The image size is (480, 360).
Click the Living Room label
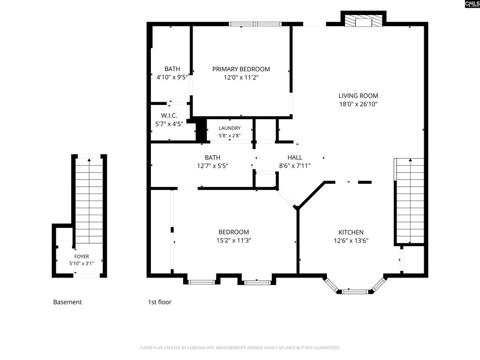[x=358, y=96]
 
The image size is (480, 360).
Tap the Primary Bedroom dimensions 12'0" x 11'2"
[x=241, y=77]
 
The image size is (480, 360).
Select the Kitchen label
[x=351, y=232]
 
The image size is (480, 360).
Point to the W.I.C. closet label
[x=169, y=116]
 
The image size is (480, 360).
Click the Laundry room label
[x=230, y=128]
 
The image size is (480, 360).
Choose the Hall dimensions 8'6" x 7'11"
[x=295, y=166]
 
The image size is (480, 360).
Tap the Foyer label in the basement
[x=82, y=256]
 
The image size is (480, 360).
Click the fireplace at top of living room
[x=363, y=20]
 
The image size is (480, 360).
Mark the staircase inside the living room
[x=410, y=201]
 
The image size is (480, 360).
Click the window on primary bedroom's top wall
[x=255, y=24]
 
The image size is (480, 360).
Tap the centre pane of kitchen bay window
[x=355, y=292]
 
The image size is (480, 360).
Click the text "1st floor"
[x=159, y=302]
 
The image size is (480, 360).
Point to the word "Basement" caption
[x=67, y=302]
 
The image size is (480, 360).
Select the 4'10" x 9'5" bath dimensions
[x=172, y=77]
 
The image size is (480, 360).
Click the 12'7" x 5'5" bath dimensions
[x=212, y=166]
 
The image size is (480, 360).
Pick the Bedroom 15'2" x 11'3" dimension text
[x=233, y=240]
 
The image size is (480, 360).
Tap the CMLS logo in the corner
[x=472, y=4]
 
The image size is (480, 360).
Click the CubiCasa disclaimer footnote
[x=240, y=348]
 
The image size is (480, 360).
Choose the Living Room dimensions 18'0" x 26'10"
[x=358, y=104]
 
